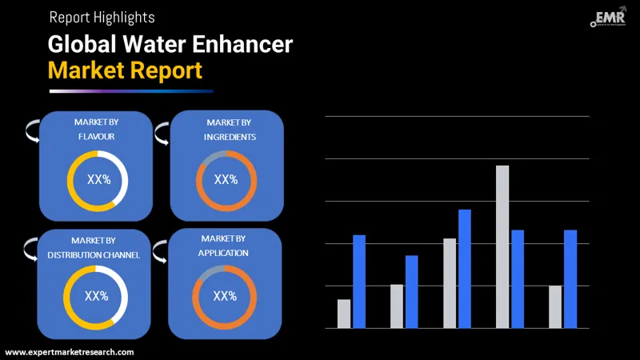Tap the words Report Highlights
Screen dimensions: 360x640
(x=102, y=16)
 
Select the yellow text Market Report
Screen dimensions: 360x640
(x=125, y=70)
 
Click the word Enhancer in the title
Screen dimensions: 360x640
(x=241, y=44)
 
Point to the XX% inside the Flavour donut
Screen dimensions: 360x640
(x=98, y=180)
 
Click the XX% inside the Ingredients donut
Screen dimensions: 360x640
(x=226, y=180)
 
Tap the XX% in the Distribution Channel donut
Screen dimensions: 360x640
(x=96, y=296)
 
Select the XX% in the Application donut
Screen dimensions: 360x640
(x=225, y=296)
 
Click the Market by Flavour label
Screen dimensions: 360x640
(x=96, y=130)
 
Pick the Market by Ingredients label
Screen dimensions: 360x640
(x=227, y=130)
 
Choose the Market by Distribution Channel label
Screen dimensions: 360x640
(x=94, y=247)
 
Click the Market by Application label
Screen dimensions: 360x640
(x=224, y=246)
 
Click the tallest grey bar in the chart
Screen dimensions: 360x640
(x=502, y=246)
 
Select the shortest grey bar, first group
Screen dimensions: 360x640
(x=344, y=314)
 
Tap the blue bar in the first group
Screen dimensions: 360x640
(x=359, y=282)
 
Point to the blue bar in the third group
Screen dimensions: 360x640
(x=465, y=269)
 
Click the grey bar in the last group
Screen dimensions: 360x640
(x=555, y=306)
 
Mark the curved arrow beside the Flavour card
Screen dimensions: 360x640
(x=31, y=130)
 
